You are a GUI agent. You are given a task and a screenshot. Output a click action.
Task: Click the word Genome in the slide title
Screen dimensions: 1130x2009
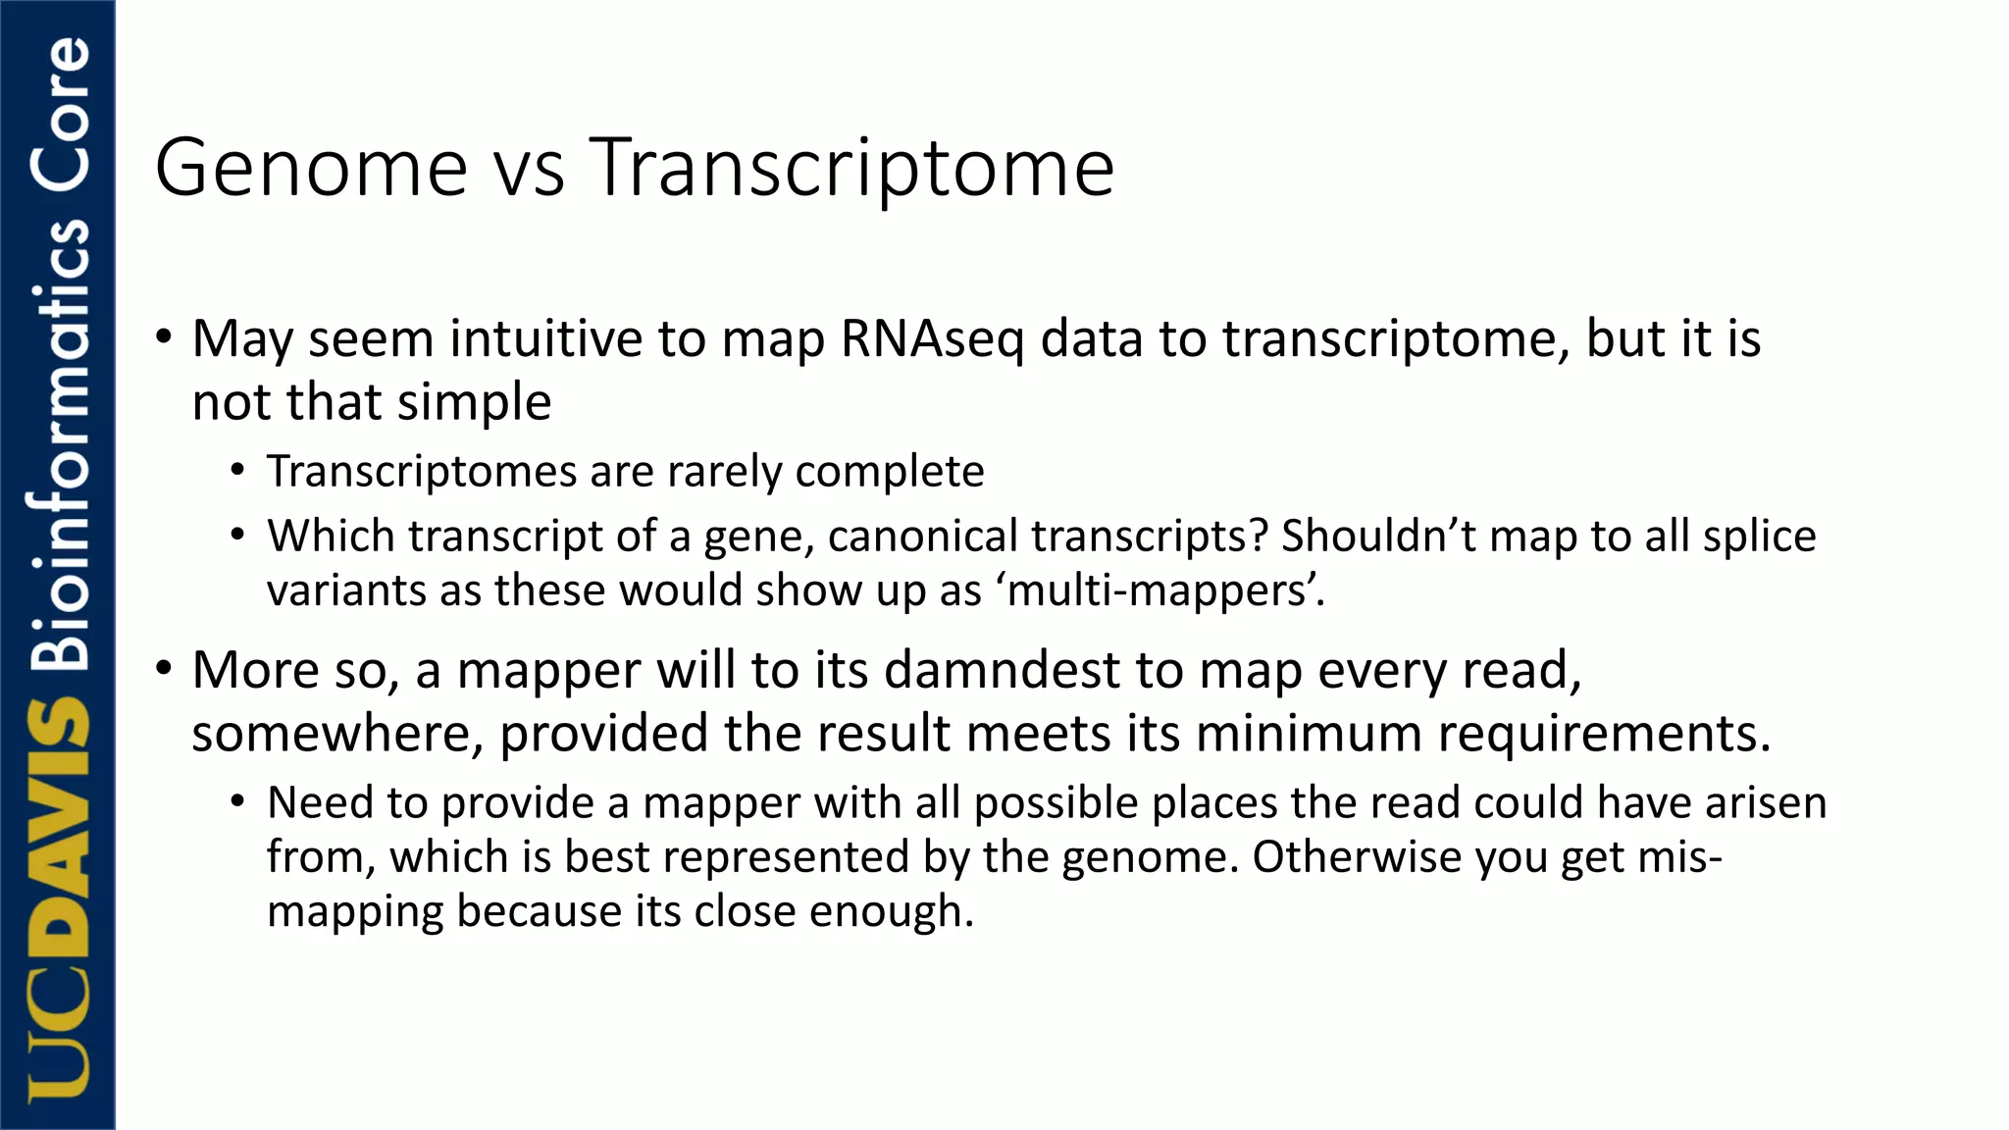[311, 168]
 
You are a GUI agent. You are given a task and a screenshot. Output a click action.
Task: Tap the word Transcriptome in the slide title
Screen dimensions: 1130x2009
[851, 168]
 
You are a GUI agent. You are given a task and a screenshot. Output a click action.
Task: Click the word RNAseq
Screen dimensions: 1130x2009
[932, 339]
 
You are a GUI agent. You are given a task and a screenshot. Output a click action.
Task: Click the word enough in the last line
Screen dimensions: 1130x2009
[891, 911]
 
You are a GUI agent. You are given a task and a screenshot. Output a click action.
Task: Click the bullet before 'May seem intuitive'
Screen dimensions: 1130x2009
[164, 337]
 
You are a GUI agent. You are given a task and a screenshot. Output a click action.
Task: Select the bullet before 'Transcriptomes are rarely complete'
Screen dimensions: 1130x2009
[237, 472]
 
